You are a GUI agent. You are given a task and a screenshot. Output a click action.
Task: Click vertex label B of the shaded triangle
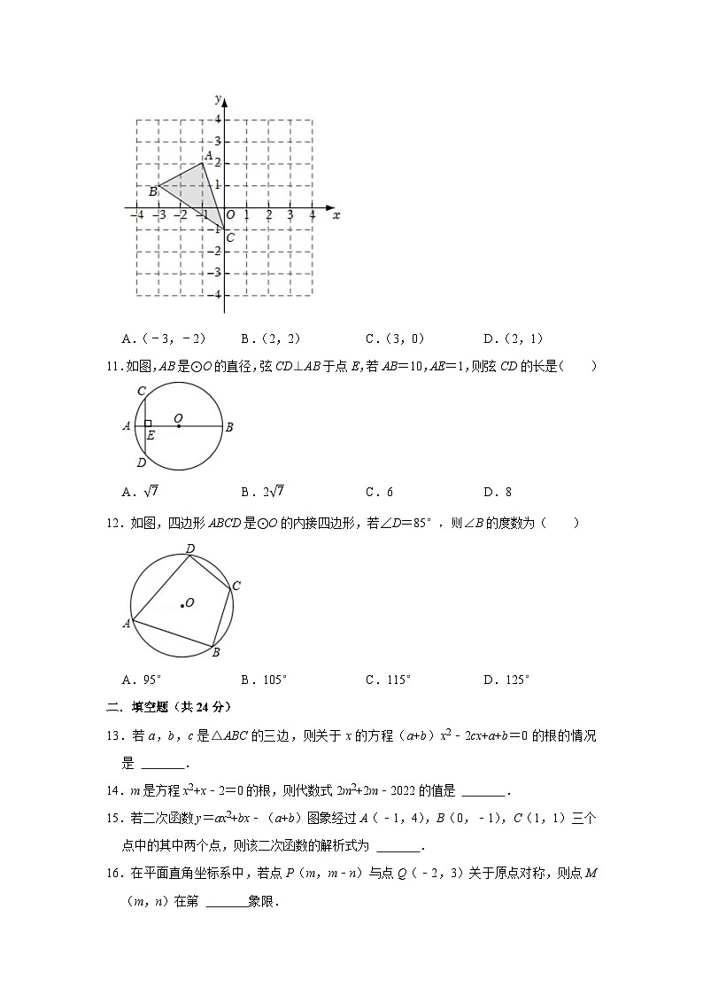click(152, 190)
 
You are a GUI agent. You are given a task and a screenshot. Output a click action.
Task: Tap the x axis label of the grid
click(336, 214)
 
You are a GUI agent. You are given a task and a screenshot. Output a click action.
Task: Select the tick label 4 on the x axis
click(312, 215)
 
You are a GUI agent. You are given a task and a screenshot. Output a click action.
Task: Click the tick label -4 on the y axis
click(217, 294)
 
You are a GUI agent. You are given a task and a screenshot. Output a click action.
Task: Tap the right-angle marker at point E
click(149, 424)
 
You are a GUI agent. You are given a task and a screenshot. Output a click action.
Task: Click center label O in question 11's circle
click(178, 417)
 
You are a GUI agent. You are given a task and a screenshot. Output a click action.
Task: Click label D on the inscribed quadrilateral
click(189, 550)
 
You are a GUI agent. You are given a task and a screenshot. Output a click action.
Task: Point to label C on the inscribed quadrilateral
click(236, 586)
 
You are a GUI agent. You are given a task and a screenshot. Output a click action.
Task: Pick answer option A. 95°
click(143, 680)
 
